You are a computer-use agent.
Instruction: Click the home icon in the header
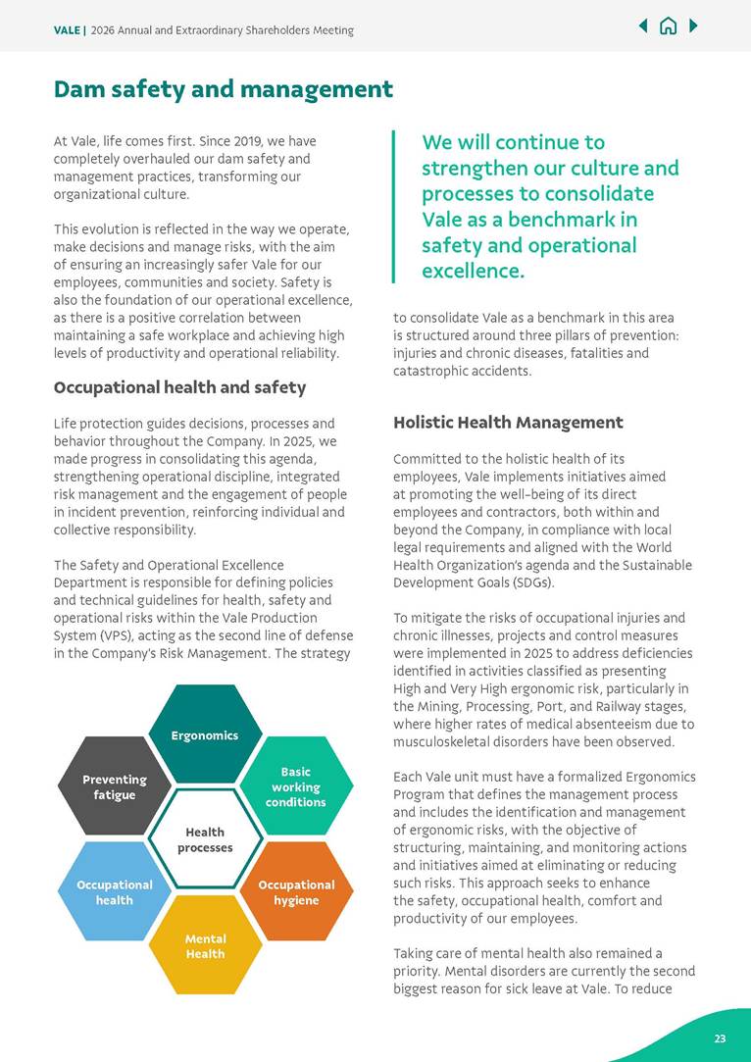coord(669,26)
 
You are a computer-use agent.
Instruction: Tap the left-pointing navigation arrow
coord(643,26)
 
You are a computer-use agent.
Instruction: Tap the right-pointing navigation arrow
coord(694,26)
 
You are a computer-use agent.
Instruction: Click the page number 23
coord(720,1038)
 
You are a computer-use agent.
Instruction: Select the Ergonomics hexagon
coord(205,734)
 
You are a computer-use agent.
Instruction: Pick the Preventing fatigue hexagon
coord(115,786)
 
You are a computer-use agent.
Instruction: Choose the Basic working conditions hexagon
coord(295,786)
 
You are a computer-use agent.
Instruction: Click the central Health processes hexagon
coord(205,839)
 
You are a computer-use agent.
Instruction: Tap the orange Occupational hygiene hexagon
coord(295,891)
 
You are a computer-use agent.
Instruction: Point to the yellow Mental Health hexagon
coord(205,945)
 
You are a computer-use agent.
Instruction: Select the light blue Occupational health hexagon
coord(115,891)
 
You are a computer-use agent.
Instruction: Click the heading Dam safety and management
coord(224,89)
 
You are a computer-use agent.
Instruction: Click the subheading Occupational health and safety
coord(179,387)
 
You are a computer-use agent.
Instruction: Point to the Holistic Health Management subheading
coord(508,423)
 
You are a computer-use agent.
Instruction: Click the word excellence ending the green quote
coord(473,271)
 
